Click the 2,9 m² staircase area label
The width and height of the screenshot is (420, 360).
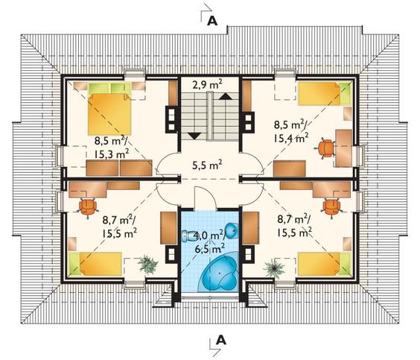[x=207, y=85]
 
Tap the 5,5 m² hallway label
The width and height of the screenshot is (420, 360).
[x=207, y=165]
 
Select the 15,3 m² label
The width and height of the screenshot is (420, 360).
[x=112, y=154]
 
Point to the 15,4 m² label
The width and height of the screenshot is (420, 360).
[x=291, y=138]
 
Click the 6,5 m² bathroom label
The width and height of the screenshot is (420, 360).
[x=210, y=250]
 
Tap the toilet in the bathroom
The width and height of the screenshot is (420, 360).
[x=190, y=236]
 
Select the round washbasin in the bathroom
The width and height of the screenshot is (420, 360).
[x=232, y=230]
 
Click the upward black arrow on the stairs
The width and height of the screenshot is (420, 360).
[x=226, y=96]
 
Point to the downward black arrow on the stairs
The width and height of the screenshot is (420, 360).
[x=194, y=136]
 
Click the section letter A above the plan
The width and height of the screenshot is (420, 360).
[x=212, y=21]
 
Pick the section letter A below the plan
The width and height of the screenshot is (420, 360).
[x=221, y=340]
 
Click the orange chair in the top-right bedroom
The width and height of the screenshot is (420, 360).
[x=326, y=148]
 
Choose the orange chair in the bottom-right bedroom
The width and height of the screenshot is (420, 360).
[x=332, y=207]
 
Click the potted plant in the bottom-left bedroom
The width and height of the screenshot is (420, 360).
[x=147, y=264]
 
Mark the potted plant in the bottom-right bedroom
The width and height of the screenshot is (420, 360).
[x=274, y=268]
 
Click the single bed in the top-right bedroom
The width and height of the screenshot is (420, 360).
[x=324, y=94]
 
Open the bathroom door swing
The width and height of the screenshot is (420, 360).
[x=206, y=197]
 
